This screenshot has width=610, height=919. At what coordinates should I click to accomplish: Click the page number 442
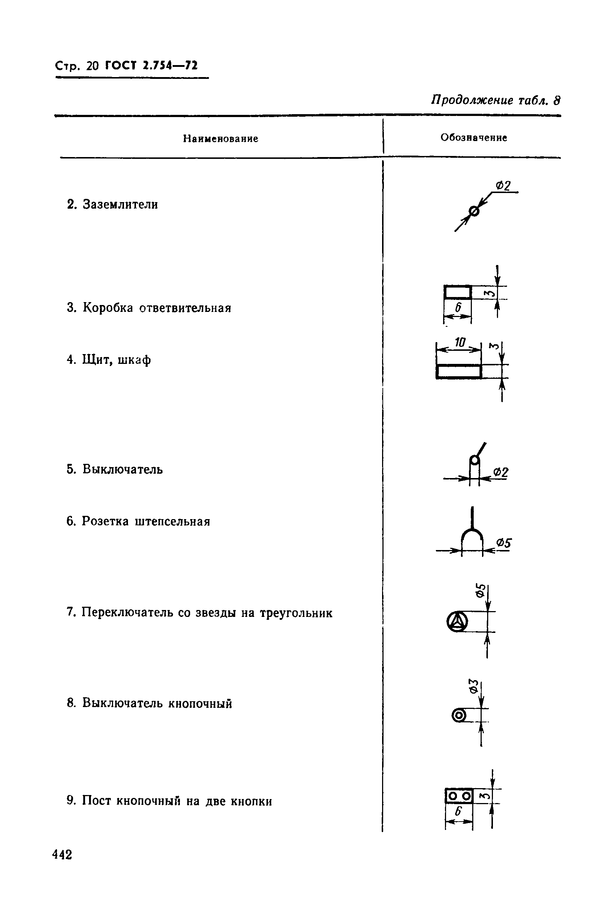pos(62,854)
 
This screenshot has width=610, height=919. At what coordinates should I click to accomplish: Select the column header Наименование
pos(221,139)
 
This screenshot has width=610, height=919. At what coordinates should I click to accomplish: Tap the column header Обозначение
pos(473,138)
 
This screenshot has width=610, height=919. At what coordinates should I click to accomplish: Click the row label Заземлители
pos(120,205)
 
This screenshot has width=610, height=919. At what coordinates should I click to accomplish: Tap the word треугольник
pos(296,613)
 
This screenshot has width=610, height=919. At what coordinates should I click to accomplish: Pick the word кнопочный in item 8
pos(200,703)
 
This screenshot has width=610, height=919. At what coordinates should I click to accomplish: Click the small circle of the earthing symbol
pos(474,212)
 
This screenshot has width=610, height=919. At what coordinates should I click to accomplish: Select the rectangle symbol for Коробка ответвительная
pos(457,292)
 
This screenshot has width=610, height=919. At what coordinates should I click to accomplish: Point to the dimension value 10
pos(460,342)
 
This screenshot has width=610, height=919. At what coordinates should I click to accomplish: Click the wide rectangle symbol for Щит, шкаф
pos(459,372)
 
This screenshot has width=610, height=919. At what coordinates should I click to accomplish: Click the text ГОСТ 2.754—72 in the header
pos(151,65)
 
